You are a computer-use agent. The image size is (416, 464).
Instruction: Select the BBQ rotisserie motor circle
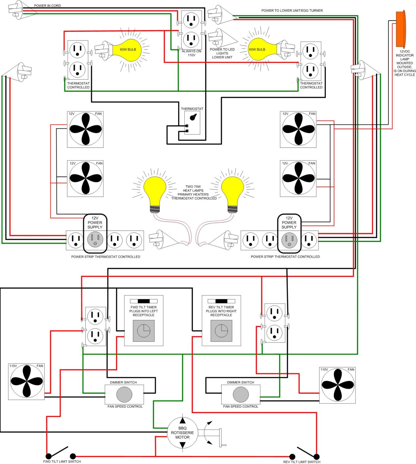point(183,432)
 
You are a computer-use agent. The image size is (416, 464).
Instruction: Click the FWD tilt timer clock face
point(144,331)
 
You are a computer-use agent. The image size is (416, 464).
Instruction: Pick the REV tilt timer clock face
point(221,331)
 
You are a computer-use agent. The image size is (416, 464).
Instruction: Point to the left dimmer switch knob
point(124,394)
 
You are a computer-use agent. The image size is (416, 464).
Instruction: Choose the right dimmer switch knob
point(241,394)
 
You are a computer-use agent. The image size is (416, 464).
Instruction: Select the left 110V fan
point(27,381)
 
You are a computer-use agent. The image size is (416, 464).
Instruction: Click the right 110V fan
point(337,385)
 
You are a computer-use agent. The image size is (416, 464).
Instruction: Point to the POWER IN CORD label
point(47,6)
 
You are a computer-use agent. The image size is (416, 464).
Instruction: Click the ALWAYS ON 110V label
point(191,53)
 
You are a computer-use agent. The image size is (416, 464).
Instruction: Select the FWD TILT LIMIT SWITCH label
point(62,462)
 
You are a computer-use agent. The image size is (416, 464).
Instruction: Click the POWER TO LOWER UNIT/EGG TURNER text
point(292,11)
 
